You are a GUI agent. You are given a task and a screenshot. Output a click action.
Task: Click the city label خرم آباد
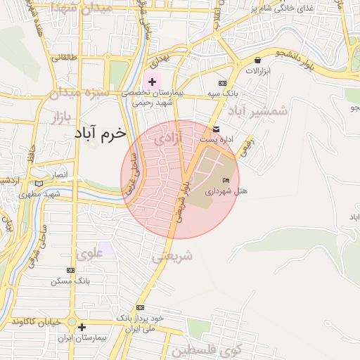point(99,132)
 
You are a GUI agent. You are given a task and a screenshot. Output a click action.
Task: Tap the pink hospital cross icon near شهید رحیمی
point(152,82)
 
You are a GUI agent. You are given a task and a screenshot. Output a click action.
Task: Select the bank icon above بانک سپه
point(224,83)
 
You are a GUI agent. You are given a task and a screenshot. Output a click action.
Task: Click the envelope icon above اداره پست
point(215,129)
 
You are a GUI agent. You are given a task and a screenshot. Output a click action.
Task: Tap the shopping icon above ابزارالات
point(258,60)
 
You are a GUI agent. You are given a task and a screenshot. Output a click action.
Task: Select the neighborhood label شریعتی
point(172,257)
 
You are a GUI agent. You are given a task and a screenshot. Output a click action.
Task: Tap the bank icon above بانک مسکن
point(70,270)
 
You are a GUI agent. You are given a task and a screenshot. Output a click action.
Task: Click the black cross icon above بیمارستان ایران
point(82,327)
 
